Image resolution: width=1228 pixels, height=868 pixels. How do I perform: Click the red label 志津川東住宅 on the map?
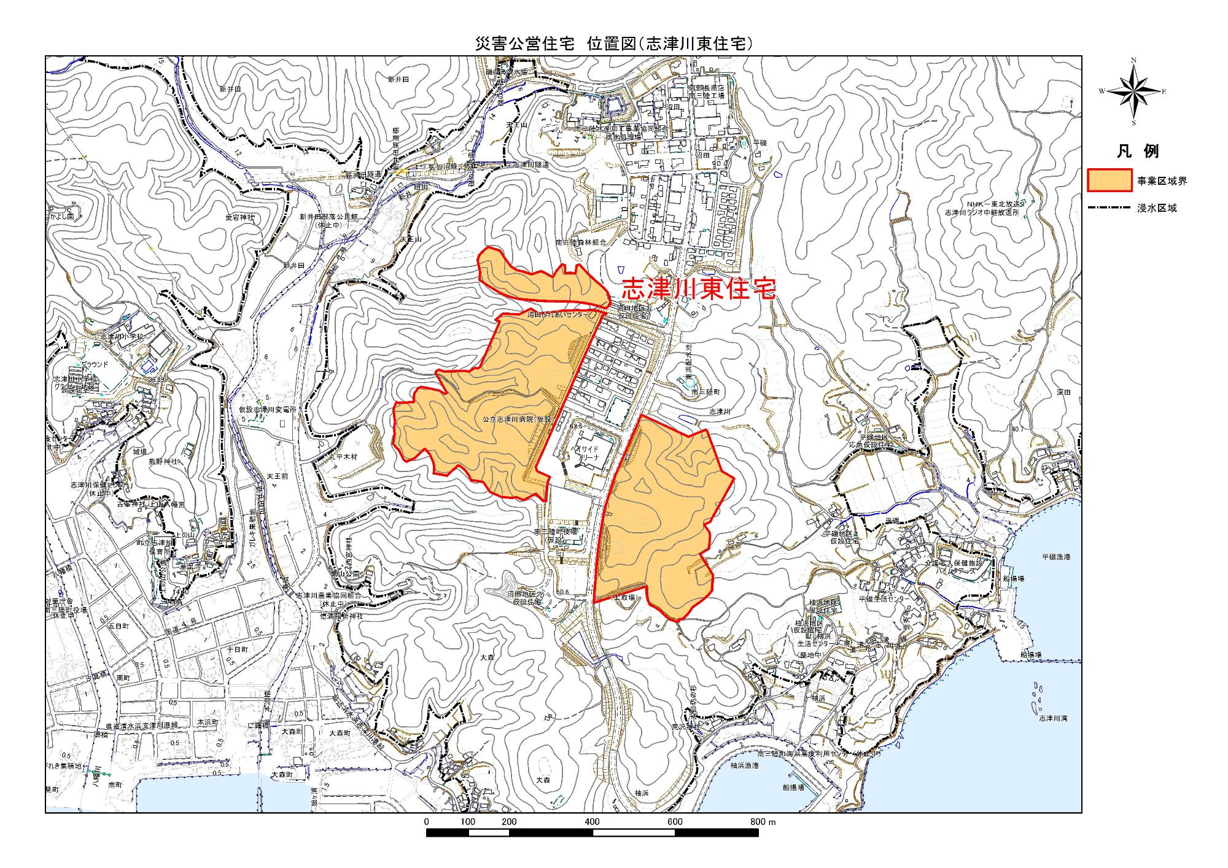coord(699,289)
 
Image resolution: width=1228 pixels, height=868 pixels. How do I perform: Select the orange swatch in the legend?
coord(1109,180)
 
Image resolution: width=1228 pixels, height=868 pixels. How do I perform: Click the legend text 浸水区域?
coord(1156,208)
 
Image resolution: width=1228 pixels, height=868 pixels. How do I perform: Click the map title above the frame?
coord(614,43)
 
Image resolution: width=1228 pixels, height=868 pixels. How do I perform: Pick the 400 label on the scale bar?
coord(592,822)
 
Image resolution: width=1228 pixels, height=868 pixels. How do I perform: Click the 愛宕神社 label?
coord(240,217)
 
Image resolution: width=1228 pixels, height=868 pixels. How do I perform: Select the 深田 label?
coord(1064,392)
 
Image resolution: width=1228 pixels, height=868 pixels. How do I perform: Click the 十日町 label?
coord(237,649)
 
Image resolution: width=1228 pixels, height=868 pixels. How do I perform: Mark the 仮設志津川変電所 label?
coord(268,409)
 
